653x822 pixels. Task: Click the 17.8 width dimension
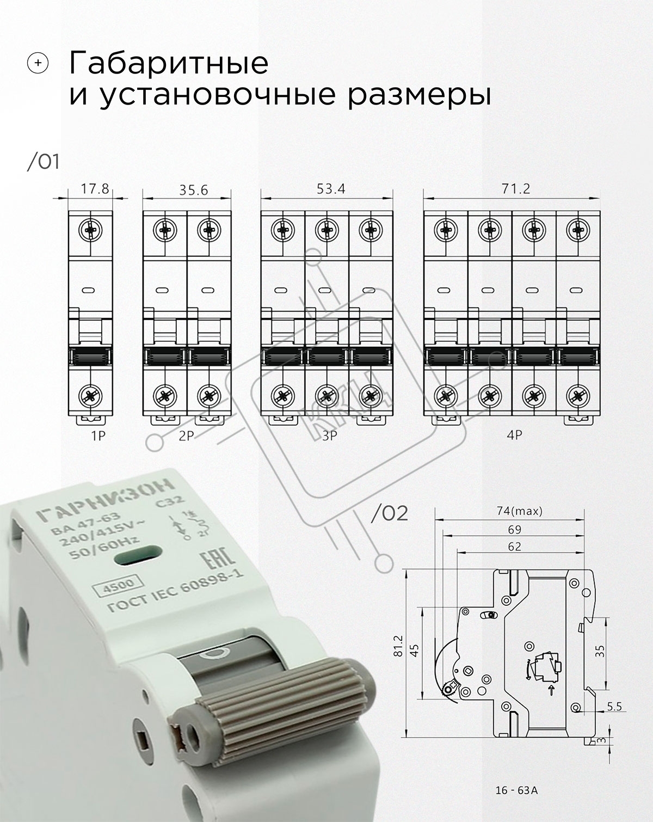click(95, 189)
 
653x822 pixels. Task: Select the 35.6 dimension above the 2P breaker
click(194, 190)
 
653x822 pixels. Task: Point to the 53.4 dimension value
click(331, 189)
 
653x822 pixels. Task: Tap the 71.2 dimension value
click(516, 189)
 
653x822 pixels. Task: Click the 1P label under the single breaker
click(98, 436)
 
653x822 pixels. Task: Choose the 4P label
click(514, 435)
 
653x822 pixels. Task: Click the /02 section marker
click(390, 514)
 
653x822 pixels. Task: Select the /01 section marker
click(44, 162)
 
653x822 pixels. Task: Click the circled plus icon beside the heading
click(38, 63)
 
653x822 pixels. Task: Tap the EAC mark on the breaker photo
click(217, 562)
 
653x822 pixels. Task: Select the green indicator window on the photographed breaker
click(138, 556)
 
